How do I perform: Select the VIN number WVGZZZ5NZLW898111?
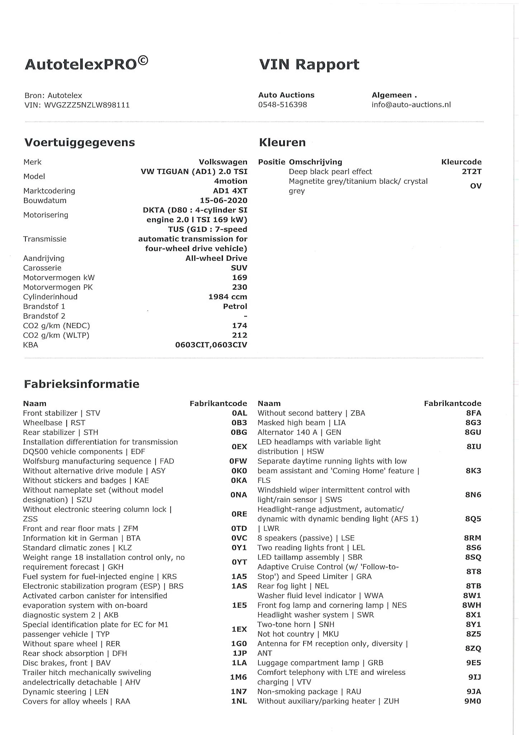(x=87, y=105)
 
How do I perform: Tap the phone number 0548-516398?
(x=282, y=105)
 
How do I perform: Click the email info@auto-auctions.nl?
(x=411, y=105)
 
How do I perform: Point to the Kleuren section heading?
(x=282, y=142)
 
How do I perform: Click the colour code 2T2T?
(x=471, y=172)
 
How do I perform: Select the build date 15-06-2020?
(x=223, y=201)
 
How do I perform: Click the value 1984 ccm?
(x=228, y=297)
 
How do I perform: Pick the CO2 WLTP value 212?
(x=239, y=335)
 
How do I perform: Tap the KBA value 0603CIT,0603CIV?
(x=211, y=345)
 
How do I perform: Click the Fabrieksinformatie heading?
(x=81, y=384)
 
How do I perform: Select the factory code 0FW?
(x=239, y=461)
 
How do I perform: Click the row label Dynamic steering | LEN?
(x=65, y=692)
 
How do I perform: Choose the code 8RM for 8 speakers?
(x=472, y=538)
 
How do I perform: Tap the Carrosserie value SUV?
(x=239, y=268)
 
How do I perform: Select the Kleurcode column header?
(x=461, y=162)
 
